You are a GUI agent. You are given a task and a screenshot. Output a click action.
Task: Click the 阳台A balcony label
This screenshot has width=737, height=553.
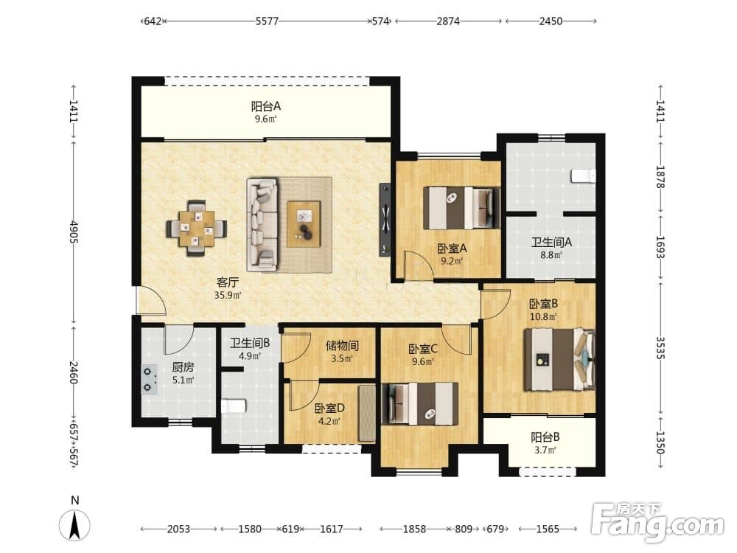click(x=265, y=106)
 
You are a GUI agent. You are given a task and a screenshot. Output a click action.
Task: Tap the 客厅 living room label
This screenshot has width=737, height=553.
click(x=228, y=282)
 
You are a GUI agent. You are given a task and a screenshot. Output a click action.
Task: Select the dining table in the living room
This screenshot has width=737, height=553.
click(x=196, y=229)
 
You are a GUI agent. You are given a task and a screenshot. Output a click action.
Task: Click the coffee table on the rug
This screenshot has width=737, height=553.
click(x=304, y=223)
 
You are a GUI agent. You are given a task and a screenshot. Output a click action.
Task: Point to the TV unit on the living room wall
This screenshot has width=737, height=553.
click(x=385, y=219)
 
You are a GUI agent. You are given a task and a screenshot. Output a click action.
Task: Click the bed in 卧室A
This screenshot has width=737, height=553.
click(x=461, y=208)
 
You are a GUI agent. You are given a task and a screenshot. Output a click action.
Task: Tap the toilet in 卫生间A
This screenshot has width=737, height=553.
click(x=583, y=176)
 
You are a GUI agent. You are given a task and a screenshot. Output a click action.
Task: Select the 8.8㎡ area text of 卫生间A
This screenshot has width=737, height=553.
click(x=551, y=255)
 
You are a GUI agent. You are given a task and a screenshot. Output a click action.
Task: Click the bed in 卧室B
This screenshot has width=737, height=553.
click(x=559, y=360)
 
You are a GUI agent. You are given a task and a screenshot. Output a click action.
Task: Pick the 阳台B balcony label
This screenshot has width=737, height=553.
click(x=545, y=437)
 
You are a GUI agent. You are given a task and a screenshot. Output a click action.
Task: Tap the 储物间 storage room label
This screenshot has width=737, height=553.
click(x=342, y=346)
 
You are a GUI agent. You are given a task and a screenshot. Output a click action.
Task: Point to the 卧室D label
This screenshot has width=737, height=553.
click(x=329, y=408)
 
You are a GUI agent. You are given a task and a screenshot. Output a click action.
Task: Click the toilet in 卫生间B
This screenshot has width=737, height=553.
click(x=234, y=406)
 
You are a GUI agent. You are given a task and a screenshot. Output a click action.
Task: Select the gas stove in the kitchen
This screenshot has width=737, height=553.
click(x=150, y=380)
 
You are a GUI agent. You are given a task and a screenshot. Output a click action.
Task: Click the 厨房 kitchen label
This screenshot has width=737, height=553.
click(x=183, y=367)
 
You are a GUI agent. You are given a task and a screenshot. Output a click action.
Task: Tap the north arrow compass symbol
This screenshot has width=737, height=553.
click(x=74, y=524)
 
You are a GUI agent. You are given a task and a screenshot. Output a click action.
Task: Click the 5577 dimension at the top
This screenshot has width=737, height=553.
click(x=267, y=21)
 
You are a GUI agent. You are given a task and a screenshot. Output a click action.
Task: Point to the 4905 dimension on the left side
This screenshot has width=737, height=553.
click(x=73, y=232)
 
